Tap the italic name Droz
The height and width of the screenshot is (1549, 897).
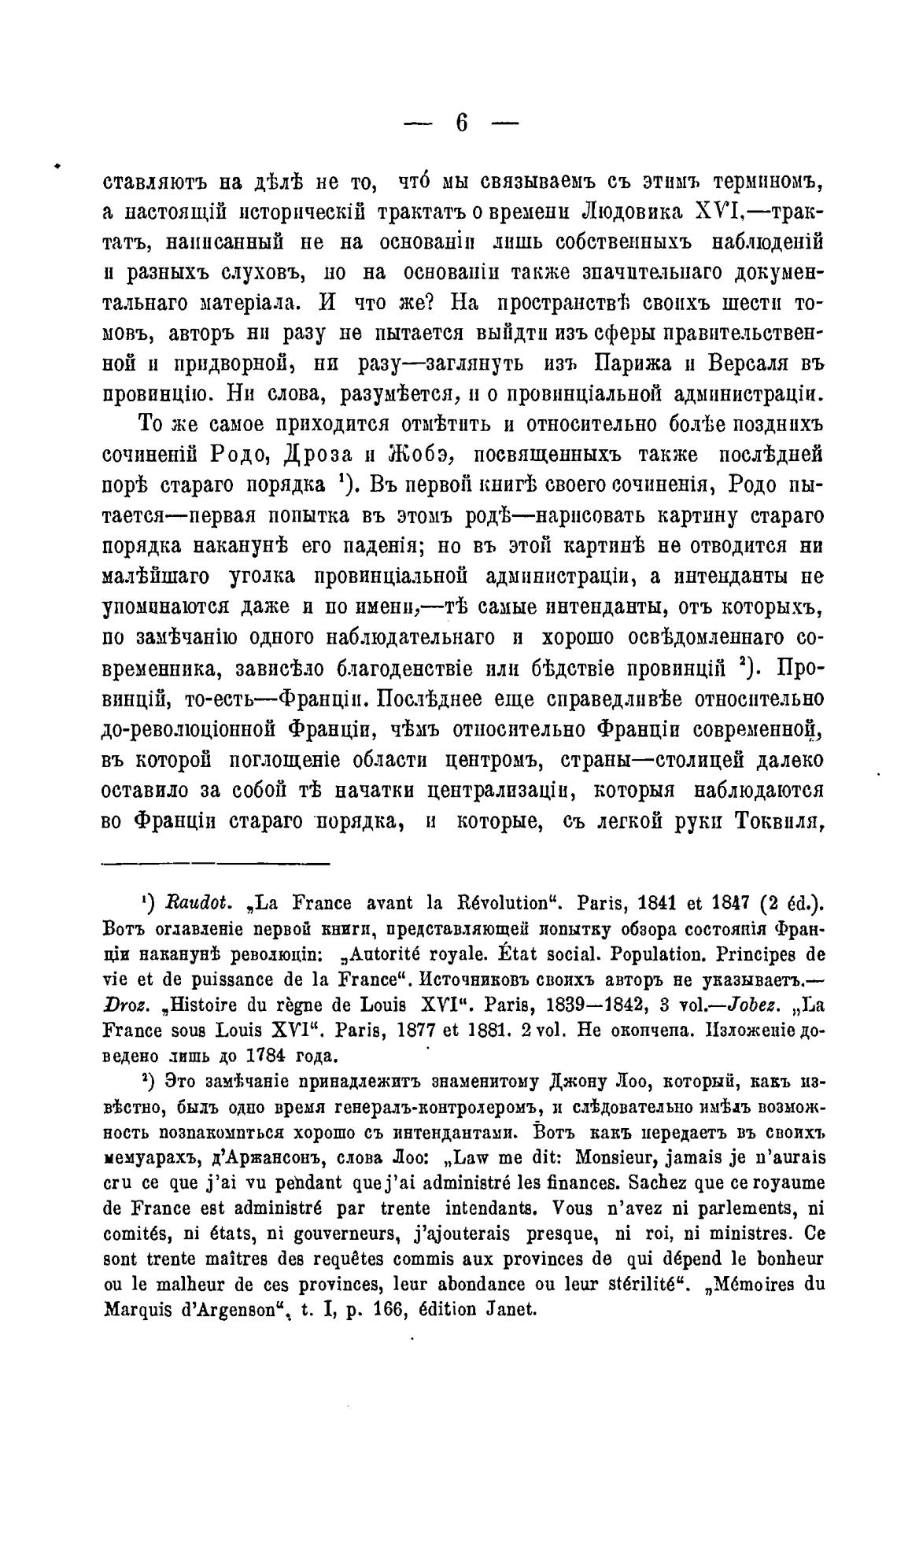click(x=124, y=1005)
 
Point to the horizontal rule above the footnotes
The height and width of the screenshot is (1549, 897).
click(x=216, y=864)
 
